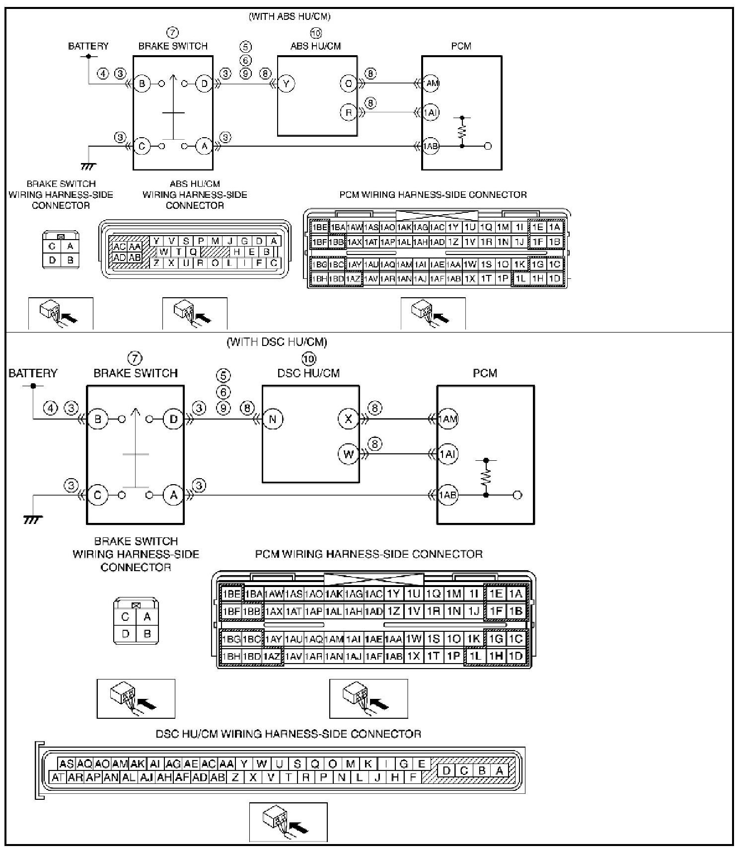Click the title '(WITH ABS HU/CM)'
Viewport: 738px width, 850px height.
(x=289, y=16)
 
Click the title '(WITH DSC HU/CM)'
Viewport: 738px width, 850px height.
(x=277, y=342)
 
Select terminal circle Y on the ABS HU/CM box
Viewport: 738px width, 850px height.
(x=286, y=84)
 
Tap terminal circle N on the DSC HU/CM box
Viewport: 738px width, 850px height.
(x=273, y=419)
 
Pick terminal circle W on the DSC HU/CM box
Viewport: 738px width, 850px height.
(x=348, y=454)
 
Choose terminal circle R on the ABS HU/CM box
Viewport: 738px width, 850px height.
(x=348, y=112)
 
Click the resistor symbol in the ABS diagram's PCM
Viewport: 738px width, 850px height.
(x=462, y=132)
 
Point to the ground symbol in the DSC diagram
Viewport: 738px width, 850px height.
(x=33, y=519)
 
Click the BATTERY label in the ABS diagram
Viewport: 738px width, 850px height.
(x=88, y=46)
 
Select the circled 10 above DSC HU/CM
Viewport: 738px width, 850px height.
(x=308, y=358)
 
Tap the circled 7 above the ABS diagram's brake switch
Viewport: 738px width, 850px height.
(x=172, y=33)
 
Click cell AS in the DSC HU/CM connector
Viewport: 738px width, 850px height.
(x=66, y=764)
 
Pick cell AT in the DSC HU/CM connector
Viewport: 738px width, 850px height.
(x=58, y=777)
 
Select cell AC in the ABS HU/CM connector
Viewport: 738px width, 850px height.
(x=119, y=247)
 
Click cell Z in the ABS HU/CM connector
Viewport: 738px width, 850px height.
(x=156, y=263)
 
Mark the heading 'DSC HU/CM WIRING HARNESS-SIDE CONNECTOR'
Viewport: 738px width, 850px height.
(x=288, y=734)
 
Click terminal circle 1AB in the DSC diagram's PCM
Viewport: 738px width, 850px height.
(x=447, y=495)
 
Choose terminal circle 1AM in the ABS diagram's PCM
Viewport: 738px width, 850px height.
(x=432, y=84)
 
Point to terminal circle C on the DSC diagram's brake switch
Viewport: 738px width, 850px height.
(x=98, y=495)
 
